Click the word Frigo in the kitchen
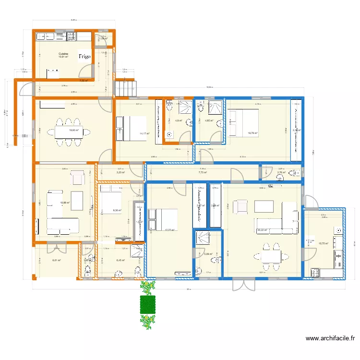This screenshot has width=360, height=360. point(84,57)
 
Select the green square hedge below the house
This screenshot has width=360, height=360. point(148,304)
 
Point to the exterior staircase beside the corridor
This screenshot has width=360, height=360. point(125,87)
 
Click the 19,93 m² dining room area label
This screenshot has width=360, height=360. point(74,130)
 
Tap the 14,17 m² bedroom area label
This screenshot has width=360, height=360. point(144,134)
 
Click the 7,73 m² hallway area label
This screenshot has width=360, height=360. point(202,172)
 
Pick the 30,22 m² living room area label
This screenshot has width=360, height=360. point(262,230)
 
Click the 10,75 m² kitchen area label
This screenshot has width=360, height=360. point(324,243)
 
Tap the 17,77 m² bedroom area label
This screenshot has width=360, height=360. point(169,230)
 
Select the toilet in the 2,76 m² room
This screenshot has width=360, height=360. point(294,177)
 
